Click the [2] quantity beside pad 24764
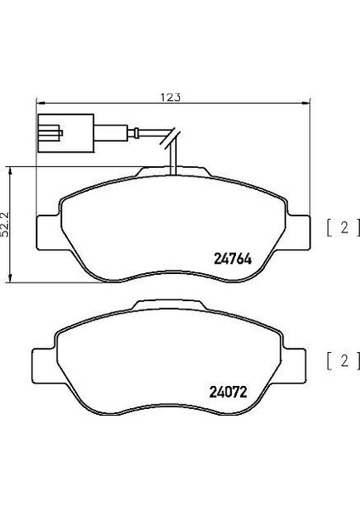click(338, 227)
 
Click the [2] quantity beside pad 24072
click(338, 360)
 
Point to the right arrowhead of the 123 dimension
click(307, 104)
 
